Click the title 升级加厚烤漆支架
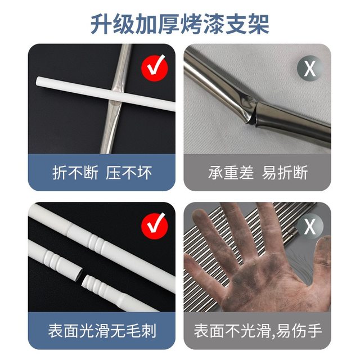180,24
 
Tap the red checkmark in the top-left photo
154,68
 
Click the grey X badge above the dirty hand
309,227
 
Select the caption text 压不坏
129,172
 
